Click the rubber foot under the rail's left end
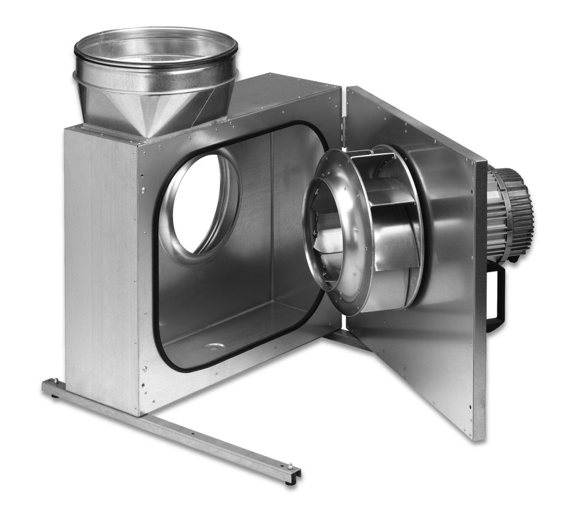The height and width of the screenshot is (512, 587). pyautogui.click(x=55, y=396)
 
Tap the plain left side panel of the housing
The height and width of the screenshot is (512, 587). pyautogui.click(x=100, y=264)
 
